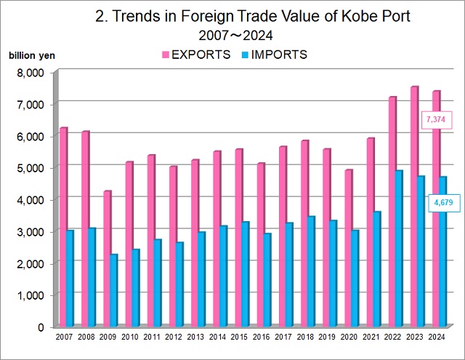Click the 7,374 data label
coord(435,119)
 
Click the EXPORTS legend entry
coord(195,55)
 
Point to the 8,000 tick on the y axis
coord(30,72)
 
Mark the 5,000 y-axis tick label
coord(30,167)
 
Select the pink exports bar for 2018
coord(304,233)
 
